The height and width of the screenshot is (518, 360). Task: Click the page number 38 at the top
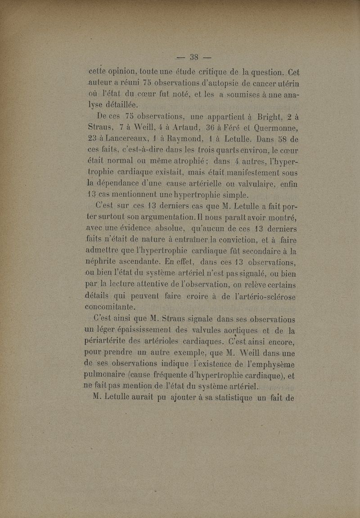194,57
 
